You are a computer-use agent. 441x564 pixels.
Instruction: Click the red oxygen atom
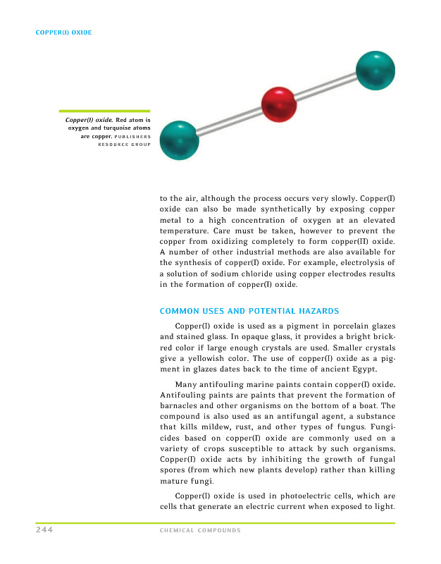click(278, 104)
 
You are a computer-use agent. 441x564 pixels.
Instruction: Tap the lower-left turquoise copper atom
click(180, 140)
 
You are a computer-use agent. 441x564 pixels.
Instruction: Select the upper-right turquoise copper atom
click(375, 70)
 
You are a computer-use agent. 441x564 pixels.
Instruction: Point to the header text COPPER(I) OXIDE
click(64, 32)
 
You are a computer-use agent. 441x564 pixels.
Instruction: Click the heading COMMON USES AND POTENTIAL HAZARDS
click(250, 311)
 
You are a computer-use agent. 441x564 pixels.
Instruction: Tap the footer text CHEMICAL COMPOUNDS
click(201, 531)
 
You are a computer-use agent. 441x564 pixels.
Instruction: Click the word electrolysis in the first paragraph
click(338, 262)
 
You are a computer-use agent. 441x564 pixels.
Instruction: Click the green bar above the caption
click(104, 111)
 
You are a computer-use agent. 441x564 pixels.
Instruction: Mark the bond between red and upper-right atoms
click(325, 87)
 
